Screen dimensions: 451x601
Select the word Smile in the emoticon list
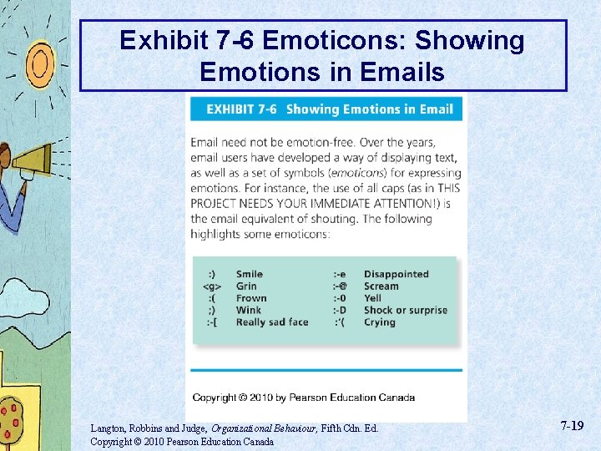point(249,274)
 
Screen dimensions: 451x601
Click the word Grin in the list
point(246,286)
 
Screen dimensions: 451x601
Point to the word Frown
point(251,298)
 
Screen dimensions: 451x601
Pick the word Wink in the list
point(248,310)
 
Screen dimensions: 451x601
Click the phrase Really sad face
point(272,322)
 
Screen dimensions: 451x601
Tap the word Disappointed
point(396,274)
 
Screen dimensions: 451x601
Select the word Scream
point(381,286)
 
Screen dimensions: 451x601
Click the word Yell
point(372,298)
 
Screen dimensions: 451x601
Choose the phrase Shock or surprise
point(406,310)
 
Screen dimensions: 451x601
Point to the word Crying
point(380,322)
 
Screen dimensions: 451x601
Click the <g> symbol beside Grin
point(212,286)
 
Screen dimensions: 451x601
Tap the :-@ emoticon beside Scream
point(341,286)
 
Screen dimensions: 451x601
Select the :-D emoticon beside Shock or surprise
point(341,310)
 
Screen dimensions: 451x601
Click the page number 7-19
point(572,426)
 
